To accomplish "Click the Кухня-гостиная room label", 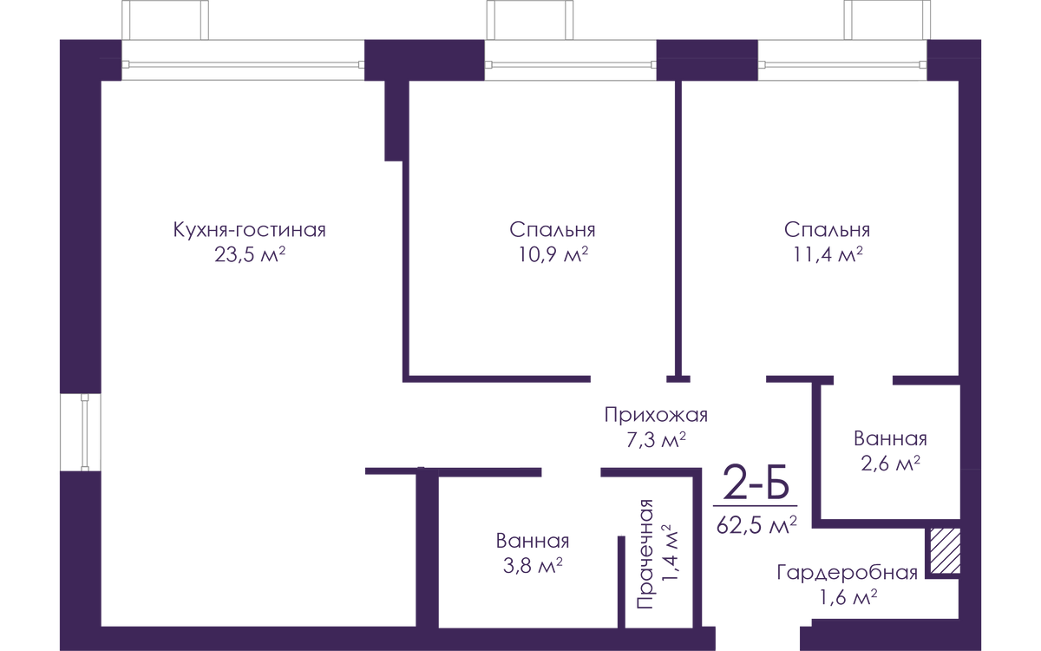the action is [x=250, y=230].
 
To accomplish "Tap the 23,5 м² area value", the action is [x=250, y=254].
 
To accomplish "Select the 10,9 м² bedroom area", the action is [x=553, y=254].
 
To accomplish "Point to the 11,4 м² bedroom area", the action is [x=828, y=254].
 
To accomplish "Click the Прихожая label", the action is [x=656, y=415].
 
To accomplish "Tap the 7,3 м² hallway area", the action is [x=656, y=439].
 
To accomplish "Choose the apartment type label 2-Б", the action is [x=756, y=483].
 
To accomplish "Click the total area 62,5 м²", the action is [x=756, y=525].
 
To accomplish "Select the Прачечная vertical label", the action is [x=645, y=555].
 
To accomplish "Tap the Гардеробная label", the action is [x=848, y=573].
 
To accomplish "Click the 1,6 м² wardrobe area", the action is [x=848, y=597].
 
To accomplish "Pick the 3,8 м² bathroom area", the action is [x=533, y=566].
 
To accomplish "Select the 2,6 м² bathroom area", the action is [x=890, y=464].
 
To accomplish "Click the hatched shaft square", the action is [x=945, y=551].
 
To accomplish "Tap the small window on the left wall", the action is [x=81, y=432].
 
